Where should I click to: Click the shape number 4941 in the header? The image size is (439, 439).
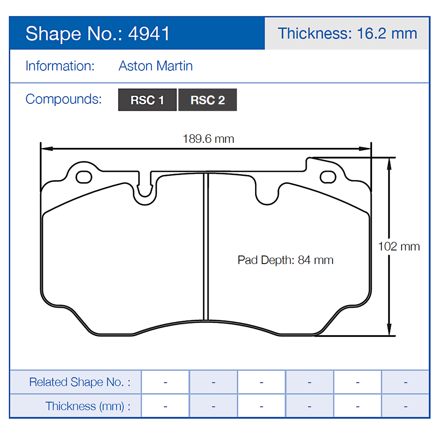pyautogui.click(x=149, y=34)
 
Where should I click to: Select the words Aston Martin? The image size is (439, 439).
pyautogui.click(x=156, y=66)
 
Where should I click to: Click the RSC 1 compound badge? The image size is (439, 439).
pyautogui.click(x=147, y=100)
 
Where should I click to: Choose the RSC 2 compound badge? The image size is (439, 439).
pyautogui.click(x=207, y=100)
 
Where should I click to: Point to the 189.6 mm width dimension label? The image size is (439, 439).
pyautogui.click(x=208, y=139)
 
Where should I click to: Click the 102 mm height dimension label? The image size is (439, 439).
pyautogui.click(x=399, y=247)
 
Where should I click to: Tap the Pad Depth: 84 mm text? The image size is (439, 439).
pyautogui.click(x=286, y=260)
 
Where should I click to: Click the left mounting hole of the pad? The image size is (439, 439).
pyautogui.click(x=84, y=176)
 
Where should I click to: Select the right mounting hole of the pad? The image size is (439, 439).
pyautogui.click(x=328, y=176)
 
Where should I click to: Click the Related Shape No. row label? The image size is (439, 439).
pyautogui.click(x=79, y=382)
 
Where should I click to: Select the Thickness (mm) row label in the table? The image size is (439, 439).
pyautogui.click(x=88, y=406)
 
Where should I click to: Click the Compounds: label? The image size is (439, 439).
pyautogui.click(x=63, y=99)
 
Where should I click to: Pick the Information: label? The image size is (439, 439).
pyautogui.click(x=60, y=66)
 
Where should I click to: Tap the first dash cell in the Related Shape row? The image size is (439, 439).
pyautogui.click(x=165, y=382)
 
